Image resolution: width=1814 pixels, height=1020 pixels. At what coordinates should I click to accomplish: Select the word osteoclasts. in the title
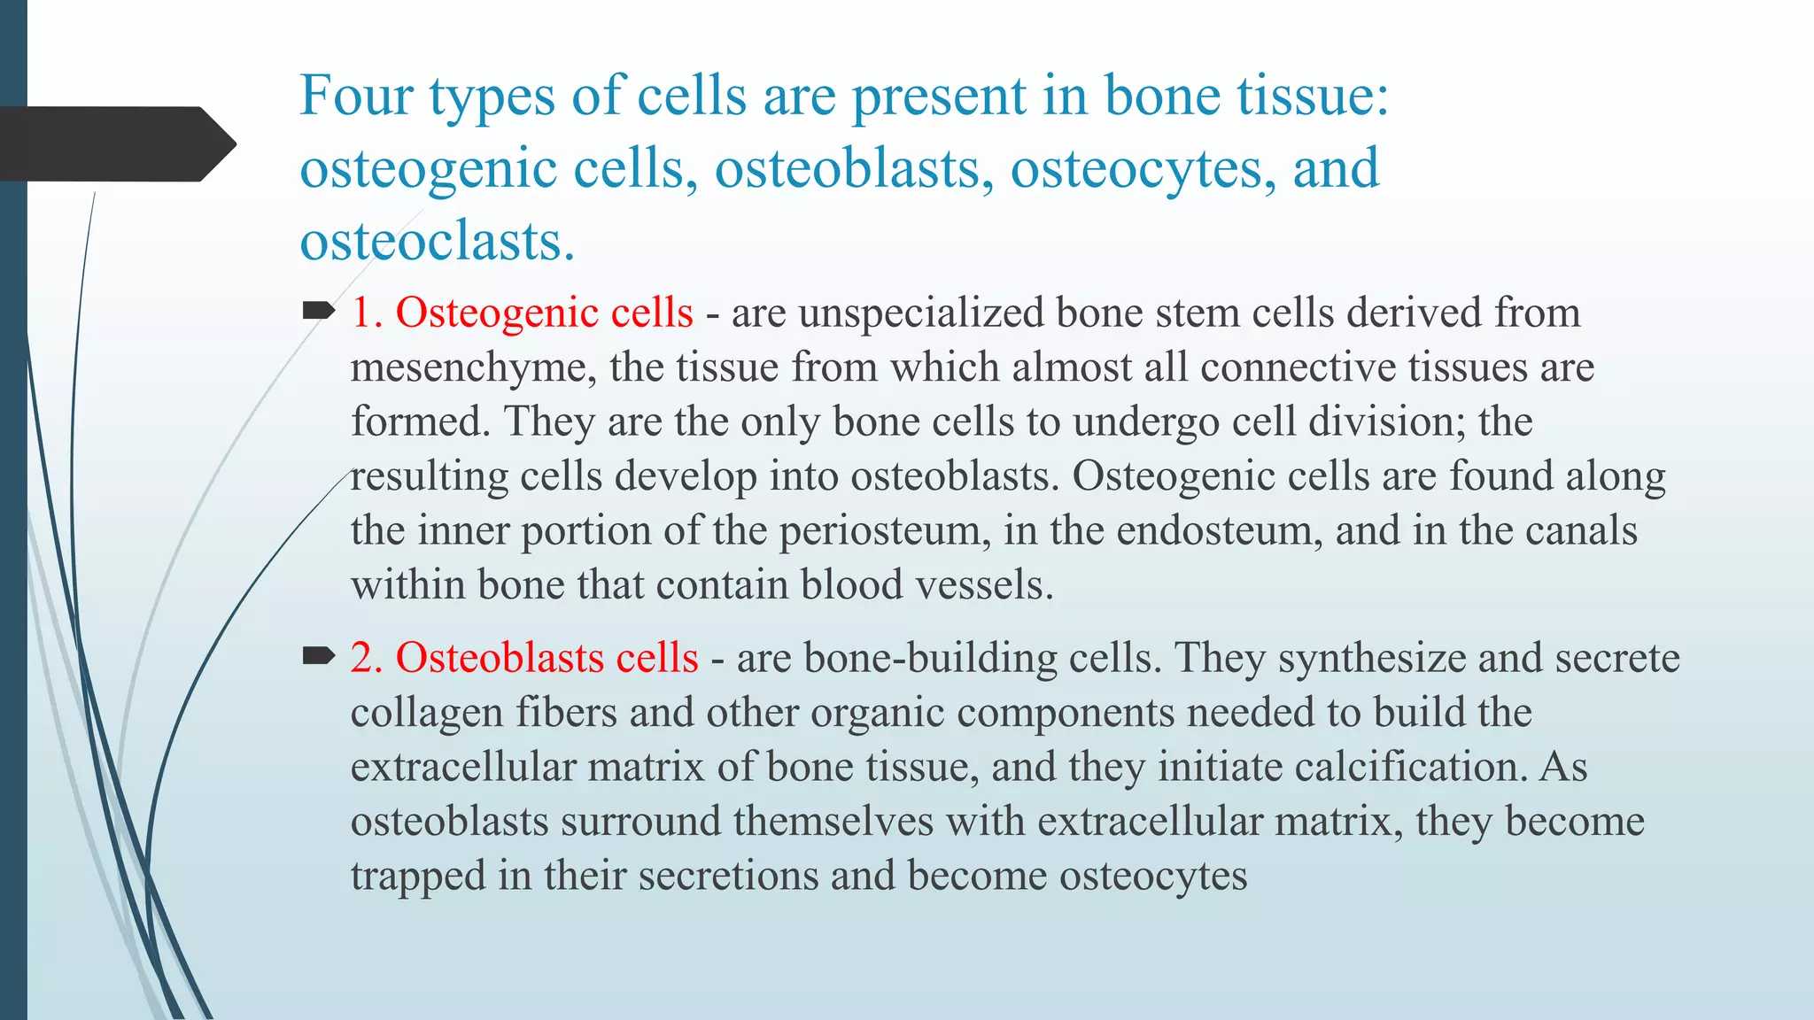(x=437, y=242)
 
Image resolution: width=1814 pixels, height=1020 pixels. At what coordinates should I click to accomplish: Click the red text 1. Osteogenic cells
(x=522, y=313)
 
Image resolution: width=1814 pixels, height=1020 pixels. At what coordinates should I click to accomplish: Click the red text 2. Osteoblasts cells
(x=524, y=659)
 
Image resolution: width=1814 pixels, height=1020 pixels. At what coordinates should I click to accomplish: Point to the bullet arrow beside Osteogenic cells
(x=318, y=311)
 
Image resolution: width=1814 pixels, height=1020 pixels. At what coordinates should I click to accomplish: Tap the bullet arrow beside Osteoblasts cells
(x=318, y=656)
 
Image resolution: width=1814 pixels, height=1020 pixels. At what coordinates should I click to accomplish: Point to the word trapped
(x=417, y=877)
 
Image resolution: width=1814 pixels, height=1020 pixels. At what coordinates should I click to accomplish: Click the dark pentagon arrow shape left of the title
(x=115, y=144)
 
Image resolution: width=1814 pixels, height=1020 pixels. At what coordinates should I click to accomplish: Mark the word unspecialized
(x=921, y=313)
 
